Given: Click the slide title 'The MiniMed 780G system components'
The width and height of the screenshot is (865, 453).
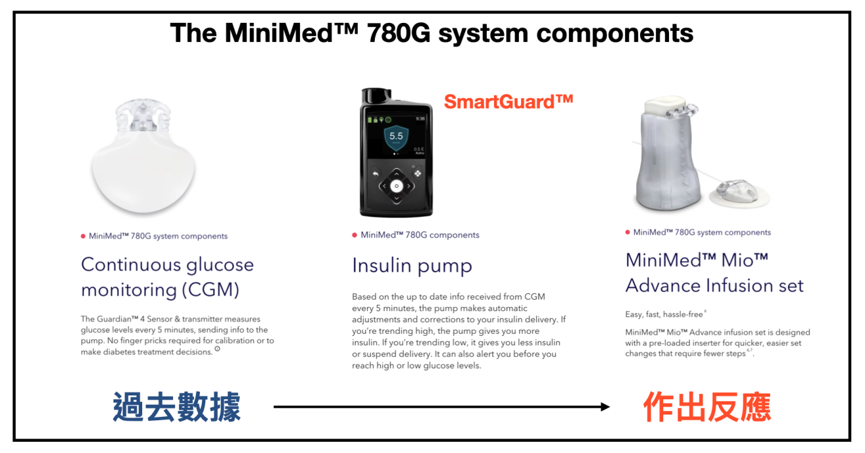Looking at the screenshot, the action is click(432, 33).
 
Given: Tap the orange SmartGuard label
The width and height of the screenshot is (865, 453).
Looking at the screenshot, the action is click(509, 102).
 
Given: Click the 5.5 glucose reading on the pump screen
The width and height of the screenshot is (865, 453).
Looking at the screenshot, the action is click(396, 136).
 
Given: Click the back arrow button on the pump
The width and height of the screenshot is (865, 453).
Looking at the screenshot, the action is click(375, 174).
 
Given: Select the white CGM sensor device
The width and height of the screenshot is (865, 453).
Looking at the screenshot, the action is click(144, 156).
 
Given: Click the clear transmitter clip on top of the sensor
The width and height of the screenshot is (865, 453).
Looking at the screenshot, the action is click(143, 115).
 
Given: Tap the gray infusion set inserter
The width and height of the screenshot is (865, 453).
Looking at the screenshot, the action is click(667, 154).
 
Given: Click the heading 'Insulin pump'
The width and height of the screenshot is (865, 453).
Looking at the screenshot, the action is click(412, 266).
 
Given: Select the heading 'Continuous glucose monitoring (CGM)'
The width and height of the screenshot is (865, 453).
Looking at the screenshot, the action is click(167, 277).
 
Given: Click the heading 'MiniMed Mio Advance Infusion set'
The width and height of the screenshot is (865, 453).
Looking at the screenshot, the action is click(714, 273).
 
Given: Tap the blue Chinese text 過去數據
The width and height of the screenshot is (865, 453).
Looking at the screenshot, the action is click(177, 407).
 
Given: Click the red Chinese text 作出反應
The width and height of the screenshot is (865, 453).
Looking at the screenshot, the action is click(707, 407).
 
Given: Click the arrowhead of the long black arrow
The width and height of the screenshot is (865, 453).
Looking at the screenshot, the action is click(605, 407).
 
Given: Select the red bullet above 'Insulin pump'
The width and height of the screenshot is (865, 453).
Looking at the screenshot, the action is click(355, 236).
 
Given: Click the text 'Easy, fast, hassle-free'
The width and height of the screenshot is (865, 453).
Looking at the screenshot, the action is click(664, 314).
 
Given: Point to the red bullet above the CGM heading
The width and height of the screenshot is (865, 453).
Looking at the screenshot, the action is click(83, 236).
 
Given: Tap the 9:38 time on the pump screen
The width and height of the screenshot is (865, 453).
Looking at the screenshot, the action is click(420, 119).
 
